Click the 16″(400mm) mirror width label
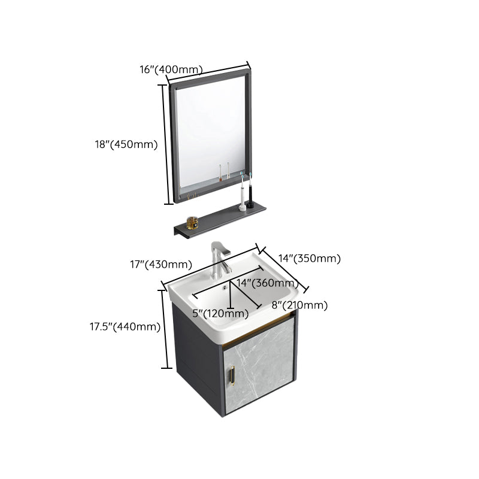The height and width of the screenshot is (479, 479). click(x=171, y=70)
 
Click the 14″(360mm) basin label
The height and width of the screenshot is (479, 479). click(x=267, y=283)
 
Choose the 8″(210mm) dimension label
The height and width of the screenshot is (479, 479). click(x=299, y=305)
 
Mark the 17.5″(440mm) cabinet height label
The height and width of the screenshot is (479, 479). click(x=125, y=326)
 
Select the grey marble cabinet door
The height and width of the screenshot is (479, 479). click(x=262, y=365)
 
